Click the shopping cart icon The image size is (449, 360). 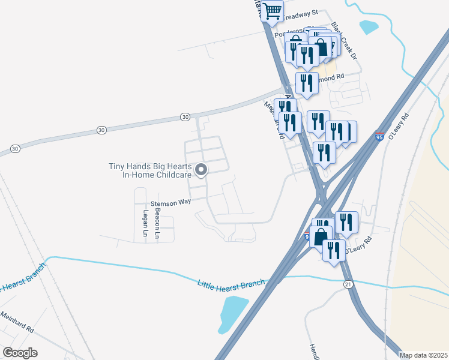click(x=273, y=11)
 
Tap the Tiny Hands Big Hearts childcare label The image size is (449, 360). click(x=150, y=170)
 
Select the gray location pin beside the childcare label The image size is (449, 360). click(x=202, y=170)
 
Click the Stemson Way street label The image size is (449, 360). click(x=170, y=202)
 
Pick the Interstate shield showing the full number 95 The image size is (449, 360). click(x=379, y=137)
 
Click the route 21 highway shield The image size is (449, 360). click(x=348, y=284)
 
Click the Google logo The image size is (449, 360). click(x=20, y=353)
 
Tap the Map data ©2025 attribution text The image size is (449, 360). click(x=423, y=355)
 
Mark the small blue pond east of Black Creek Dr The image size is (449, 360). click(x=368, y=27)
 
